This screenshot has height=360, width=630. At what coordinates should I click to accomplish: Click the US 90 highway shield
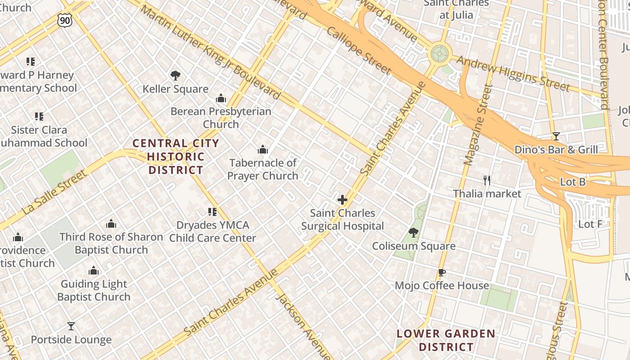[65, 19]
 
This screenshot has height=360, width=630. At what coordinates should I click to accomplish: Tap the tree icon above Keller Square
[175, 76]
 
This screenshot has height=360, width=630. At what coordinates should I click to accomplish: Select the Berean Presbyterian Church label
[220, 117]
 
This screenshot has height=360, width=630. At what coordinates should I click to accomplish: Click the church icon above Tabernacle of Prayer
[263, 149]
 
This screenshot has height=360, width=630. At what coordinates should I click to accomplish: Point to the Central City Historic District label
[176, 157]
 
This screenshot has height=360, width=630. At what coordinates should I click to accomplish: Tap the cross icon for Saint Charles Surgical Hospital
[342, 199]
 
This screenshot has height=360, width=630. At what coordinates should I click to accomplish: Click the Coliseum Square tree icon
[413, 233]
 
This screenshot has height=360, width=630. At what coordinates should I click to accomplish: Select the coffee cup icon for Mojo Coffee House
[442, 272]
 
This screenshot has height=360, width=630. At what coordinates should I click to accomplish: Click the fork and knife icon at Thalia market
[486, 180]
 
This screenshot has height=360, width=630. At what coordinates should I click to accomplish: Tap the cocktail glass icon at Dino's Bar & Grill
[556, 136]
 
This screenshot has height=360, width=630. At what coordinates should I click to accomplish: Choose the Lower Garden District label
[446, 340]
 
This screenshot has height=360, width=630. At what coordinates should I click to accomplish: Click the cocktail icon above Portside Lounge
[71, 326]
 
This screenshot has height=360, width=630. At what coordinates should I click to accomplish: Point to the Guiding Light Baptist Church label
[94, 290]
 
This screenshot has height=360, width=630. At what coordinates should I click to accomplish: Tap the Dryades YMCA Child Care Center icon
[212, 211]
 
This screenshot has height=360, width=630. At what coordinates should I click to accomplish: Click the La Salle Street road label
[54, 192]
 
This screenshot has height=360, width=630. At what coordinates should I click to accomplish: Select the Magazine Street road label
[475, 125]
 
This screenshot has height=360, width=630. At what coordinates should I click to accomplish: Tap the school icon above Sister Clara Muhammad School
[39, 117]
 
